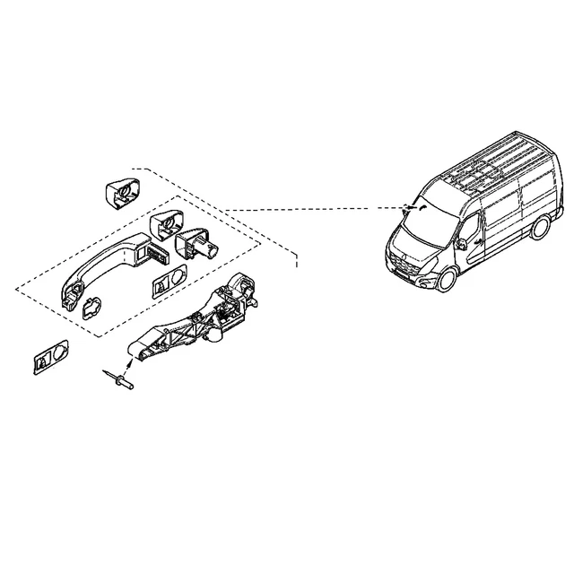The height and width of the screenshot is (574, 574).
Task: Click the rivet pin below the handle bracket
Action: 120,380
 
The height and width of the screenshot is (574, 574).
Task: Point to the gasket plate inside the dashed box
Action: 170,282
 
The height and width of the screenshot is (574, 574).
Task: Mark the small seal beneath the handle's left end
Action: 91,309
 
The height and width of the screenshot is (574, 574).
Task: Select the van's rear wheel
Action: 539,229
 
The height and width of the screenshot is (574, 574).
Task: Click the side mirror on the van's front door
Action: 460,242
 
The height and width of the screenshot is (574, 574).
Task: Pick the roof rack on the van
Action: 489,166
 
